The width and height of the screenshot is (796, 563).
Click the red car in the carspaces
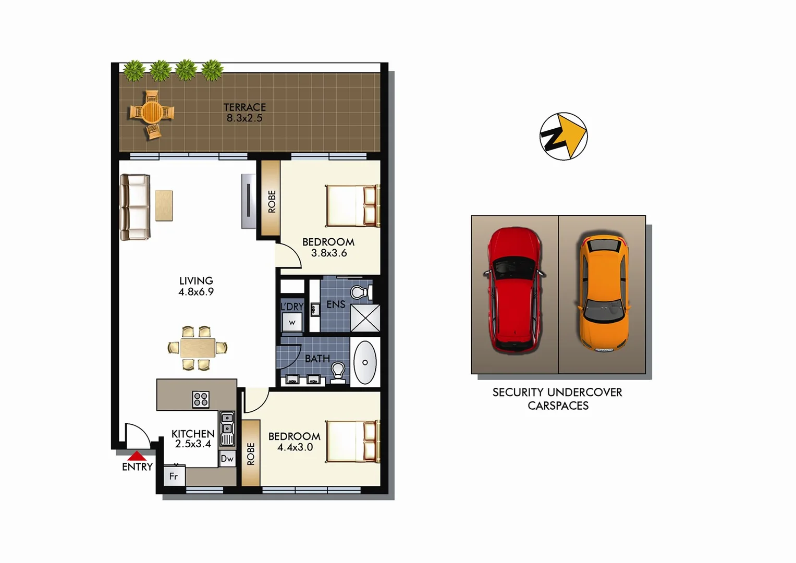[x=515, y=291]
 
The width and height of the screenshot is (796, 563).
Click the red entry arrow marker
[x=137, y=456]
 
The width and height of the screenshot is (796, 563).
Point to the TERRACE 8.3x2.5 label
[x=244, y=113]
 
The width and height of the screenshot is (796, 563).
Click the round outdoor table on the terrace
[x=152, y=112]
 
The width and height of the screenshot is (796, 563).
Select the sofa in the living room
[x=135, y=207]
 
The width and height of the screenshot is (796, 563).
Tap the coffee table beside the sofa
[x=164, y=205]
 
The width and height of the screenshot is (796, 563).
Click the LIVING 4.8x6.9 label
[x=196, y=286]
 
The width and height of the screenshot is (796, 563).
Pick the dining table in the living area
[x=198, y=348]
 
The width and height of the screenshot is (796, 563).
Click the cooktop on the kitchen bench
[x=201, y=399]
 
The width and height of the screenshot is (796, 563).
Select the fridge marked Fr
[x=174, y=476]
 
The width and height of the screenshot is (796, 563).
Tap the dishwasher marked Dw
[x=227, y=459]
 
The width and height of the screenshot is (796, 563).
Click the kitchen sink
[x=227, y=429]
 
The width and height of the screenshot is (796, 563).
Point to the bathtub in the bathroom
[x=365, y=362]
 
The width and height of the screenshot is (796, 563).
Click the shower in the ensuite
[x=365, y=318]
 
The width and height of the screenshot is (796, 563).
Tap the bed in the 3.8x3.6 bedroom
[x=352, y=206]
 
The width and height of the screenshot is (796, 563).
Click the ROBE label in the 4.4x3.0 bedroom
[x=251, y=454]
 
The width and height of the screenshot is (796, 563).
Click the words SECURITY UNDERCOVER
[x=557, y=393]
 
